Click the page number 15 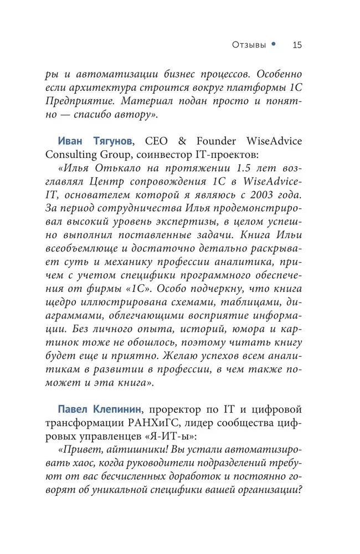click(296, 45)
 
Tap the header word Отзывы click(248, 45)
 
